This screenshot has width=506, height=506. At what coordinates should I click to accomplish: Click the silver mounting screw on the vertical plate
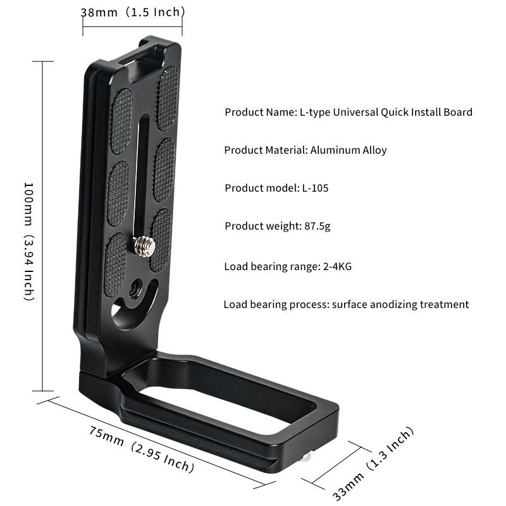click(x=144, y=246)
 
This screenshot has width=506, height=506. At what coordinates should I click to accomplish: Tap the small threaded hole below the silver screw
click(x=135, y=288)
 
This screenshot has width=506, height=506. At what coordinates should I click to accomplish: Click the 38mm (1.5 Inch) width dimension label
click(x=132, y=12)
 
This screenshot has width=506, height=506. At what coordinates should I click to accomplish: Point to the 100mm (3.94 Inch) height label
click(x=29, y=242)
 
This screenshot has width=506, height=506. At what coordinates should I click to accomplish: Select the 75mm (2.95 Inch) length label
click(x=142, y=449)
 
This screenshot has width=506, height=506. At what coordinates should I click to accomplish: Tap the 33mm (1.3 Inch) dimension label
click(x=373, y=464)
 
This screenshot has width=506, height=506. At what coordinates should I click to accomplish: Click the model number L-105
click(x=315, y=188)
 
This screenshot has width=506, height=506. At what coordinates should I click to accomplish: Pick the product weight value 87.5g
click(x=318, y=226)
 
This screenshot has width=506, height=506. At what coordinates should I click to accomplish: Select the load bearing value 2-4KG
click(x=337, y=266)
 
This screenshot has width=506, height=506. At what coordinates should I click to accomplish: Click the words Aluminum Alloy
click(x=349, y=150)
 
